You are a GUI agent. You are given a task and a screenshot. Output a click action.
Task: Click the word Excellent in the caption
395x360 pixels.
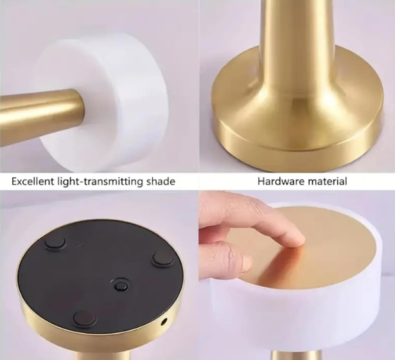pyautogui.click(x=33, y=181)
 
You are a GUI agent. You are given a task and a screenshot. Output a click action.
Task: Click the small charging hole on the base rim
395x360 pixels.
pyautogui.click(x=164, y=321)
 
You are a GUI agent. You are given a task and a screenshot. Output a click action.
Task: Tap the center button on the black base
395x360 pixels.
pyautogui.click(x=120, y=285)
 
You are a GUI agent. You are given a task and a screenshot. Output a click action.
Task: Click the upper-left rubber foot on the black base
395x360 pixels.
pyautogui.click(x=55, y=242)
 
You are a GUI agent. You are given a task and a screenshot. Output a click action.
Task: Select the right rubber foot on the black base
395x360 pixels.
pyautogui.click(x=163, y=258)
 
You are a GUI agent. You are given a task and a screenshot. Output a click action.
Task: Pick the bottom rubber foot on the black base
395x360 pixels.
pyautogui.click(x=84, y=318)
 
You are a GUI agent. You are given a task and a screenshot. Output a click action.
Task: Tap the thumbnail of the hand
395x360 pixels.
pyautogui.click(x=246, y=264)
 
